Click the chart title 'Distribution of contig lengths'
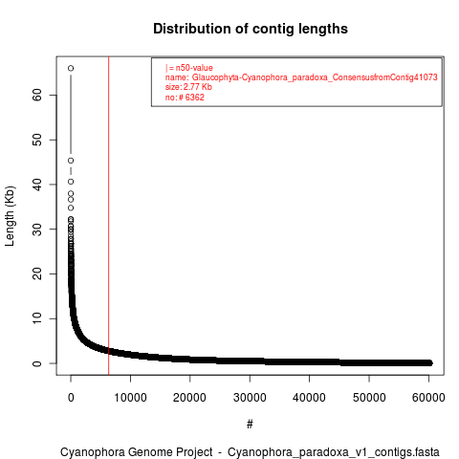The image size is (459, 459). click(x=251, y=29)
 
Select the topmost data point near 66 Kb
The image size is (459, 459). click(x=71, y=68)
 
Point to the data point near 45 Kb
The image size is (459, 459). click(x=71, y=161)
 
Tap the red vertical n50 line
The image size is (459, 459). click(x=109, y=216)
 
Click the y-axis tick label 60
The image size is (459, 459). click(x=37, y=95)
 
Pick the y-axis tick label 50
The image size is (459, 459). click(x=37, y=140)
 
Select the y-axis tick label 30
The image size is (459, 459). click(x=37, y=229)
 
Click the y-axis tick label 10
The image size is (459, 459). click(x=37, y=318)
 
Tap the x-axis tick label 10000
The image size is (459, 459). click(x=130, y=398)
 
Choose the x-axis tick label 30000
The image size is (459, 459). click(x=250, y=398)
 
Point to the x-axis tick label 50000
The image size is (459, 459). click(x=369, y=398)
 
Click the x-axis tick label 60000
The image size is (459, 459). click(x=428, y=398)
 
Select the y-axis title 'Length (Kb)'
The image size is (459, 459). click(x=10, y=216)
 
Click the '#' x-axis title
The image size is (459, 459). click(x=250, y=425)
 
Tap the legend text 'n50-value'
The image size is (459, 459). click(x=194, y=68)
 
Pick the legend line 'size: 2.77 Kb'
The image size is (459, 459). click(x=188, y=87)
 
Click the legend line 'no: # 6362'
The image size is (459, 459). click(x=185, y=97)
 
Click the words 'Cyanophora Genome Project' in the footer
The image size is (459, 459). click(x=137, y=452)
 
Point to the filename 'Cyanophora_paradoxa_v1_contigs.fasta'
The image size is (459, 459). click(x=334, y=452)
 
